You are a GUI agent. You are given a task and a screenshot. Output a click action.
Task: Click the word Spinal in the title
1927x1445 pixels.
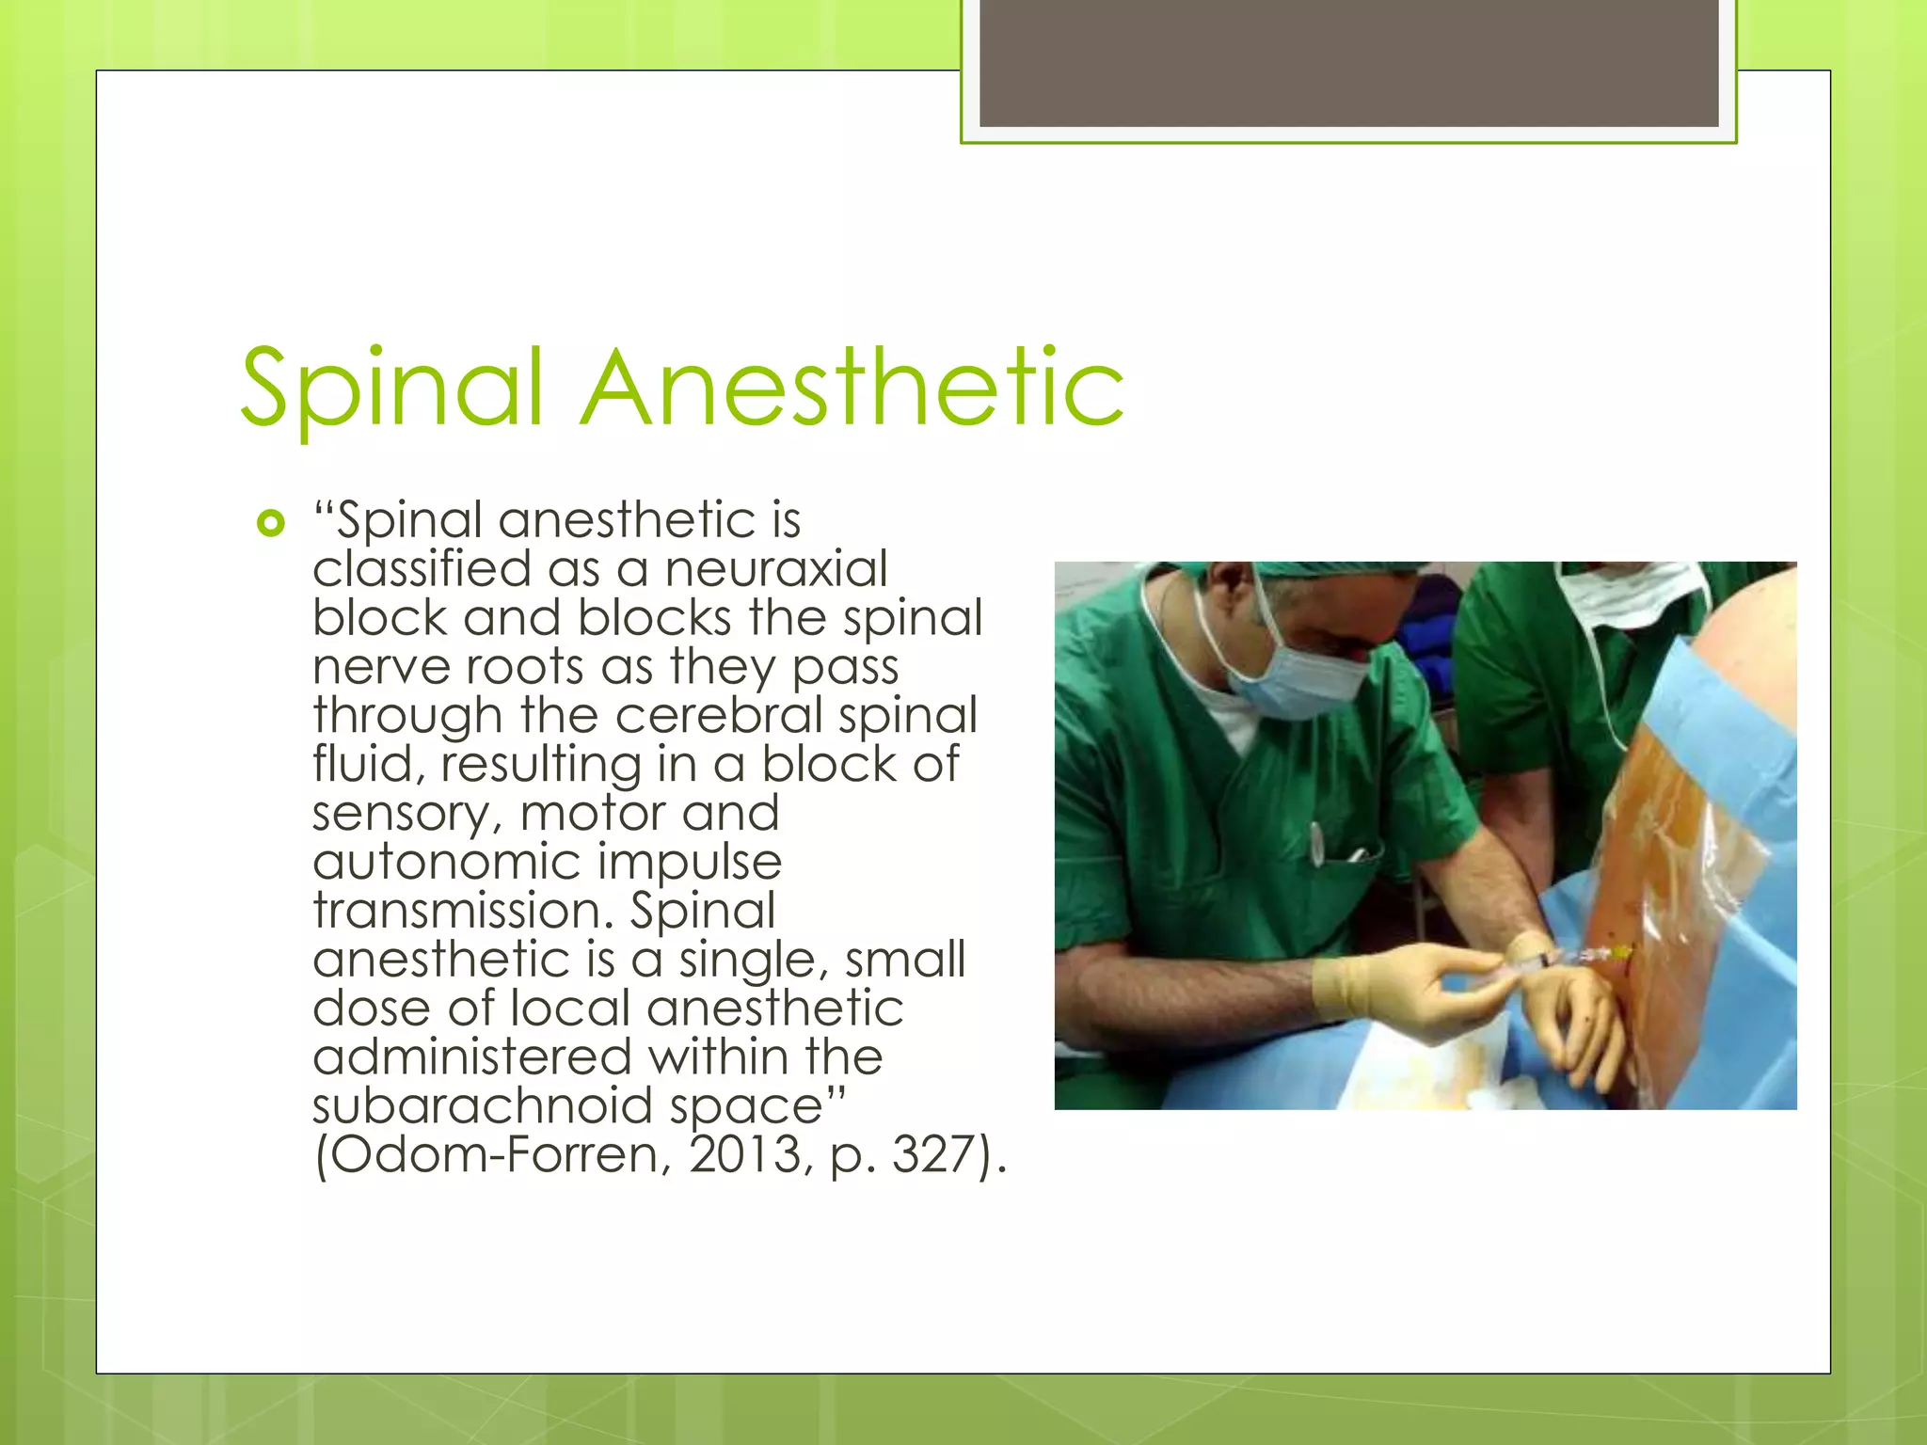(x=392, y=388)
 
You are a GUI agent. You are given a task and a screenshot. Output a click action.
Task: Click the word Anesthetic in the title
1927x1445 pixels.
(x=852, y=388)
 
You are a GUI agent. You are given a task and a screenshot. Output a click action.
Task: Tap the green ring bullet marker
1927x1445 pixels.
(x=270, y=523)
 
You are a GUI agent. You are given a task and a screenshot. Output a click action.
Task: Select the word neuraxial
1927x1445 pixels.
(x=776, y=568)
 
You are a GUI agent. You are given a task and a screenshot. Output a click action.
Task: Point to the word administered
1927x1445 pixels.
(x=471, y=1056)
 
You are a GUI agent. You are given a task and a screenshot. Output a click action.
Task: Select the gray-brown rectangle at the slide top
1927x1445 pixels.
(x=1348, y=62)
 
